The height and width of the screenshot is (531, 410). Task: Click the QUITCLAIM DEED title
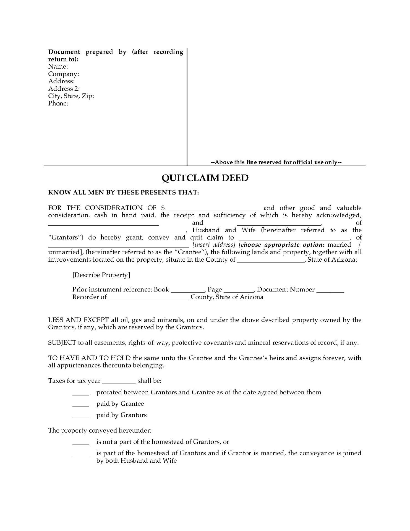pos(205,178)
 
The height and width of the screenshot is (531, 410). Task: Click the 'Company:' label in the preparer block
pos(64,74)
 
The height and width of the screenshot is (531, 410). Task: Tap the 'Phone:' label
pos(58,103)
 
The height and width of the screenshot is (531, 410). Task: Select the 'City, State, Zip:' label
pos(71,96)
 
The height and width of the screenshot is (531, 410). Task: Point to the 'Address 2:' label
pos(64,89)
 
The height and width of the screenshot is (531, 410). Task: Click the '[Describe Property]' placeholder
pos(101,275)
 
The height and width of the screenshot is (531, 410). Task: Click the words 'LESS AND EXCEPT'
pos(79,320)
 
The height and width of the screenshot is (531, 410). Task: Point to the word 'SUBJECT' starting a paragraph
pos(62,343)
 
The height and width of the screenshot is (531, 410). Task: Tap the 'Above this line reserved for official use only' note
pos(276,162)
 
